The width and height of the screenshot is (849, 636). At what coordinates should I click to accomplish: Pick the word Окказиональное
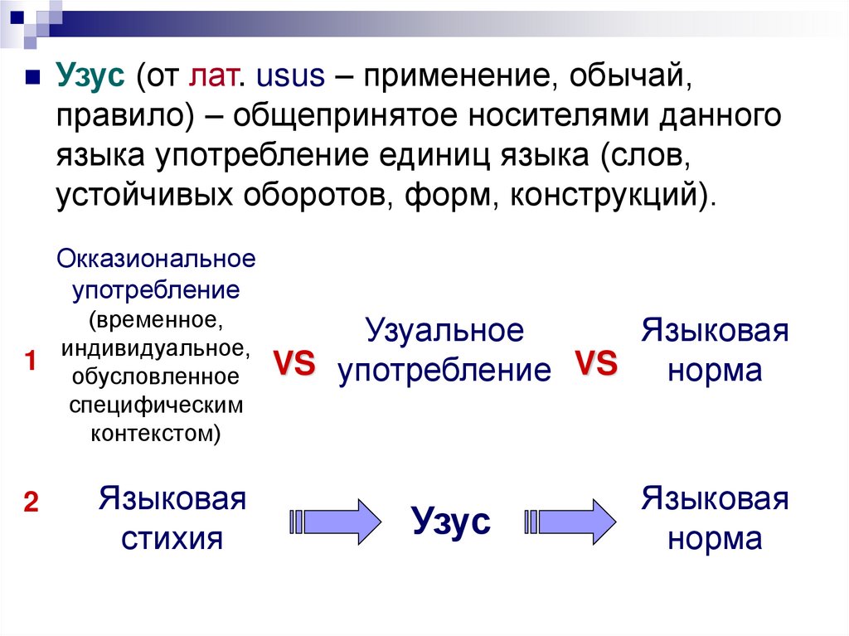156,259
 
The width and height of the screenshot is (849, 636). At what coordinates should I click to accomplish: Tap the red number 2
31,502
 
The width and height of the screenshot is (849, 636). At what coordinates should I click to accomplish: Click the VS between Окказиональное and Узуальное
294,365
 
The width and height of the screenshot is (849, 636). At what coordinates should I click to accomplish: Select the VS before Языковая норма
596,364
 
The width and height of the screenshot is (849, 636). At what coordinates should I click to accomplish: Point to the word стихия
172,539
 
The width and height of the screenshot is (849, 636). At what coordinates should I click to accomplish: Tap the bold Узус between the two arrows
451,522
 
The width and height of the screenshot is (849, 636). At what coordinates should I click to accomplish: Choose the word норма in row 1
714,370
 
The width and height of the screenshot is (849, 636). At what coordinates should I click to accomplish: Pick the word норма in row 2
714,539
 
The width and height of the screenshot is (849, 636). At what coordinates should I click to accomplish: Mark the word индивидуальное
155,346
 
